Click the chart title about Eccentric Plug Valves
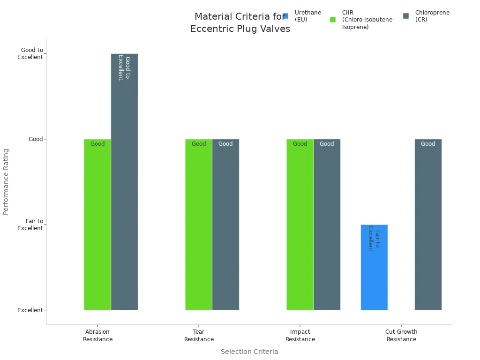(240, 22)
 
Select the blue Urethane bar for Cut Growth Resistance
(374, 267)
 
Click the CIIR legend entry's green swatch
(333, 20)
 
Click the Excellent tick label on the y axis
(30, 310)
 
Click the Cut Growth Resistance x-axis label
(401, 336)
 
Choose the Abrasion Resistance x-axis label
(97, 336)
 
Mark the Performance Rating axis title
(6, 181)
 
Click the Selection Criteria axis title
(249, 352)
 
